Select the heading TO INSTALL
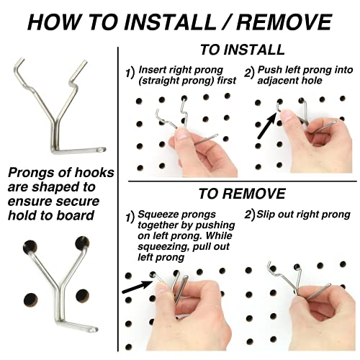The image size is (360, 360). [242, 50]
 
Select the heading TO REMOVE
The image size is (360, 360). [242, 194]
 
